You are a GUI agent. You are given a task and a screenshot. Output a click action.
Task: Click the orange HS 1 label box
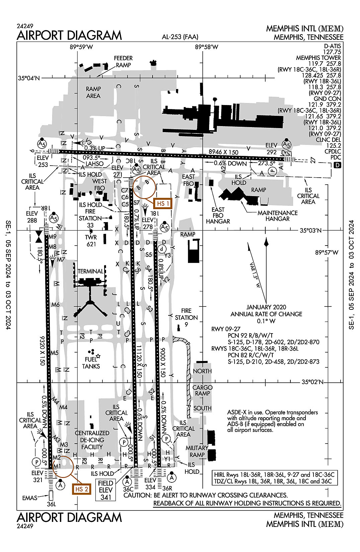pyautogui.click(x=163, y=203)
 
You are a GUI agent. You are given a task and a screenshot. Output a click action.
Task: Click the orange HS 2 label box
pyautogui.click(x=82, y=489)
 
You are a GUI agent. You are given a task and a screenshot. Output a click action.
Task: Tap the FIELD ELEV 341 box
pyautogui.click(x=106, y=490)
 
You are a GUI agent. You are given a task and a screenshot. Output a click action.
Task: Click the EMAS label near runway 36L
pyautogui.click(x=30, y=498)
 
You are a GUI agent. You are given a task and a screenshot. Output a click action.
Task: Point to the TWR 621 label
pyautogui.click(x=91, y=241)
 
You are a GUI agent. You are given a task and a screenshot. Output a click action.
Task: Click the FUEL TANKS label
pyautogui.click(x=91, y=363)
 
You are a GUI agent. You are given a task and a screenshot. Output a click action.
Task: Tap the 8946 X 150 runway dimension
pyautogui.click(x=223, y=152)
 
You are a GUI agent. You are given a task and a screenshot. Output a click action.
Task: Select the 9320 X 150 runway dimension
pyautogui.click(x=42, y=350)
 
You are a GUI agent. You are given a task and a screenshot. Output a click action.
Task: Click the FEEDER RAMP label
pyautogui.click(x=123, y=62)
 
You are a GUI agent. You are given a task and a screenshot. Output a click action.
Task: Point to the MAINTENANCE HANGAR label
pyautogui.click(x=277, y=216)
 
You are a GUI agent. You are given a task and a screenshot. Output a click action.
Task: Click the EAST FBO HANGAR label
pyautogui.click(x=218, y=215)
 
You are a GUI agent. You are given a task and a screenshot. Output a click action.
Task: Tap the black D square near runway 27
pyautogui.click(x=337, y=165)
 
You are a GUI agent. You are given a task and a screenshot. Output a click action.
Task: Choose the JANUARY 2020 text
pyautogui.click(x=266, y=307)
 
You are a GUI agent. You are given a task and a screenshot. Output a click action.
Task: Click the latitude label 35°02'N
pyautogui.click(x=312, y=382)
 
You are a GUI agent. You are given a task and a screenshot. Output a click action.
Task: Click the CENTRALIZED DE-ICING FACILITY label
pyautogui.click(x=92, y=440)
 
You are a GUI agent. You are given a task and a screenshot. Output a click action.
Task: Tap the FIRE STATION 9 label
pyautogui.click(x=186, y=317)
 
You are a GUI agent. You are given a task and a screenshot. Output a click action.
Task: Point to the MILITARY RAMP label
pyautogui.click(x=197, y=451)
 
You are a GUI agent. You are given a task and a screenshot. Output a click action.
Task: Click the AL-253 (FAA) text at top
pyautogui.click(x=180, y=37)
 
